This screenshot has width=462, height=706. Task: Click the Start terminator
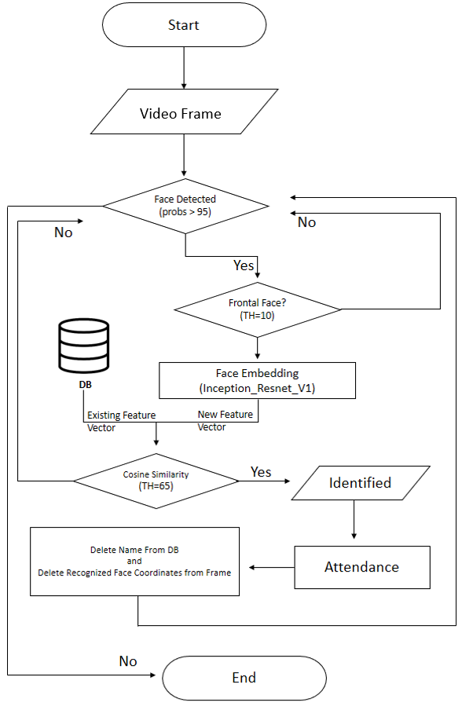184,25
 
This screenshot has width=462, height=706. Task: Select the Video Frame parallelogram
184,112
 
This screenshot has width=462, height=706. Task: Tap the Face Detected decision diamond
185,207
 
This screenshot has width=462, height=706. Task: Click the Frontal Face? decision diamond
258,309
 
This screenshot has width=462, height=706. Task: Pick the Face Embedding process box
257,380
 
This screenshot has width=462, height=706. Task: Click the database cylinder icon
84,346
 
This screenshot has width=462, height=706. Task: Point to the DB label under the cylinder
85,385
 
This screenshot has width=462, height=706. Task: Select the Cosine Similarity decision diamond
156,481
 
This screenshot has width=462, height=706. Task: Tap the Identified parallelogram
361,483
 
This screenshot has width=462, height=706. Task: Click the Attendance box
362,567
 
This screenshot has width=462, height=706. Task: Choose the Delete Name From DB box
134,562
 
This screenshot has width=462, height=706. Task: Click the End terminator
244,678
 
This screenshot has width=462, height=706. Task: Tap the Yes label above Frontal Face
244,265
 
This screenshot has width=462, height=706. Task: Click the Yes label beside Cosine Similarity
261,472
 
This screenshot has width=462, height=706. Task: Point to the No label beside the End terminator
128,661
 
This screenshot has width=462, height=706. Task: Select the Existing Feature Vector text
122,422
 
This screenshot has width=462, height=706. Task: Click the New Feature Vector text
225,421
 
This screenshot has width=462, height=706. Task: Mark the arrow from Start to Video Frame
184,68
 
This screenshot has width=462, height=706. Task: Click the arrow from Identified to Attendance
354,520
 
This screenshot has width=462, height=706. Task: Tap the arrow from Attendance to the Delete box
272,567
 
